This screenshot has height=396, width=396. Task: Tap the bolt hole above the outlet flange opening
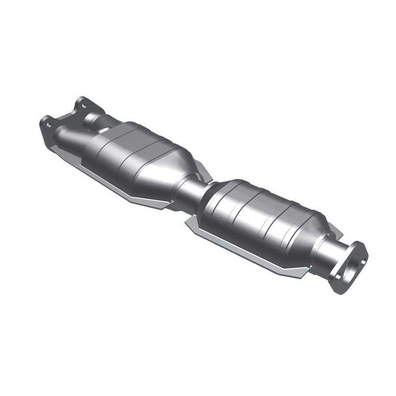[x=358, y=248]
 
